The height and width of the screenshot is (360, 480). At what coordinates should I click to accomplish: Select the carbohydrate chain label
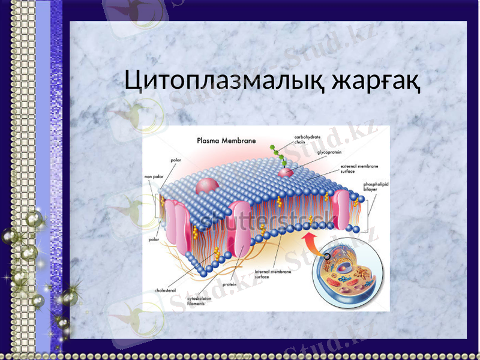[x=307, y=139]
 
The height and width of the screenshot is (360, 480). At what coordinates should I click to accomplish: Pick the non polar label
[x=154, y=176]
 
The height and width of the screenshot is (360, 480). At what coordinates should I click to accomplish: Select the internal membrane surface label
[x=274, y=274]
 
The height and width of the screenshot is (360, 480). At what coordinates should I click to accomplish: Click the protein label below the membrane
[x=229, y=284]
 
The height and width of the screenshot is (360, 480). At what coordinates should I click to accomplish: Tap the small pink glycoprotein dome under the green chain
[x=284, y=172]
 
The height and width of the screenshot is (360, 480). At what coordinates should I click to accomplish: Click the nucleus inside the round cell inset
[x=344, y=265]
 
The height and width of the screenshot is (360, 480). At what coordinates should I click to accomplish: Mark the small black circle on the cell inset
[x=327, y=256]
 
